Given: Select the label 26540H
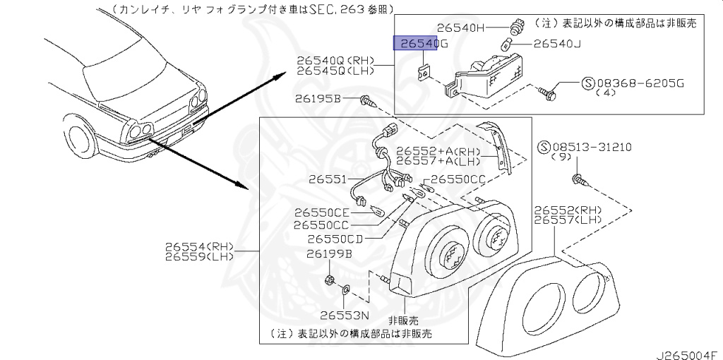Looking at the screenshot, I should pos(461,28).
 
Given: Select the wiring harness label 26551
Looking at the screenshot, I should pos(327,179).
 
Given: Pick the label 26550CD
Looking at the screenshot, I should pos(335,239).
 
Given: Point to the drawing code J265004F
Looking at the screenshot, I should pos(684,351).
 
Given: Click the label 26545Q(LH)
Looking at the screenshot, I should pos(335,72).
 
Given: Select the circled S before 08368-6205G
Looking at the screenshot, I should pos(588,83).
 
